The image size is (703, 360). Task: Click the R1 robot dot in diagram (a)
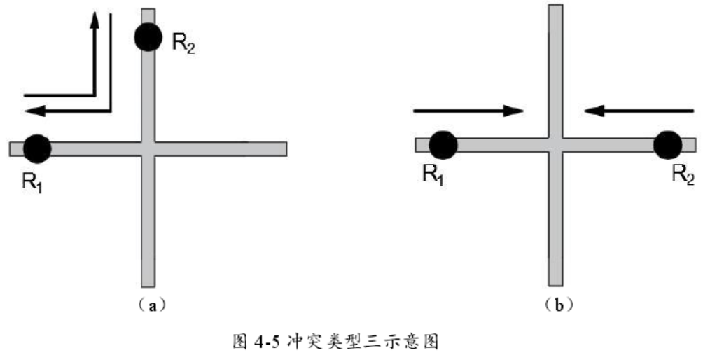37,148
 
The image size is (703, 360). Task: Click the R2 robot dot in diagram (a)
148,36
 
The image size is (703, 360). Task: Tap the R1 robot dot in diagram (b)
443,145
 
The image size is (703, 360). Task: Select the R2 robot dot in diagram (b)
667,145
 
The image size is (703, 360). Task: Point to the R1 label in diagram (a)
34,184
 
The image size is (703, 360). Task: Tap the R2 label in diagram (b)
682,174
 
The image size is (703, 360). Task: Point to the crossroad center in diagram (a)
148,148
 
